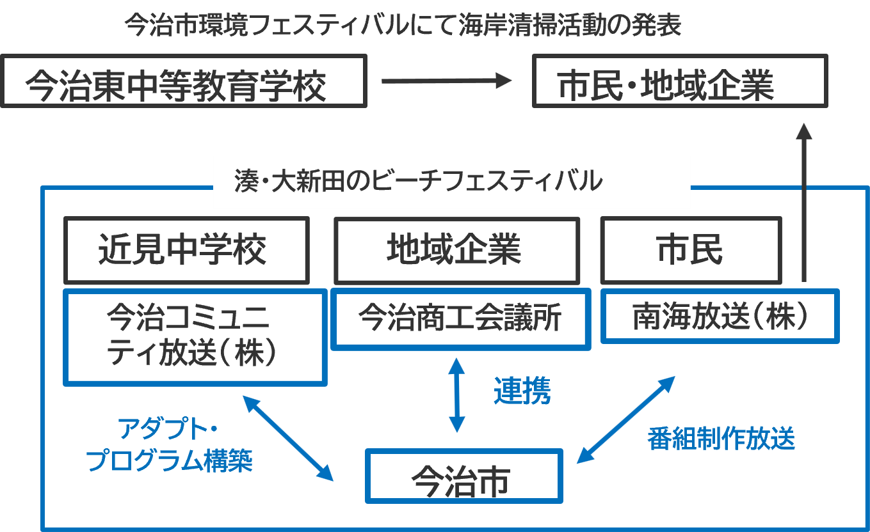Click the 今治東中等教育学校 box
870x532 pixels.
pos(183,81)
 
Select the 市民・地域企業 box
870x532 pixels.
pos(680,81)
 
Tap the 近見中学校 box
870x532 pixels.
pos(186,250)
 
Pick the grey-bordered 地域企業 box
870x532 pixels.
pos(456,250)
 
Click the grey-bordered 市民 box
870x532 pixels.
pos(691,250)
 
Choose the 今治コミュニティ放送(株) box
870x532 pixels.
pos(195,337)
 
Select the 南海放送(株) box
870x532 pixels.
pos(720,316)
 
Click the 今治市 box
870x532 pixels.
pos(463,476)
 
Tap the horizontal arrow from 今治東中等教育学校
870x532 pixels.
pos(447,81)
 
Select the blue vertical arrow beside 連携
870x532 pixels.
pos(457,395)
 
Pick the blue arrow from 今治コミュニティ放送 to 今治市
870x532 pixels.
pos(289,438)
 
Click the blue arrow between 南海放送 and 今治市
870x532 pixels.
pos(626,419)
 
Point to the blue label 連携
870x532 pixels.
pos(522,391)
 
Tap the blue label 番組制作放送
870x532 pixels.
pos(721,439)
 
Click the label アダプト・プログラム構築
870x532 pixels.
pos(170,444)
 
